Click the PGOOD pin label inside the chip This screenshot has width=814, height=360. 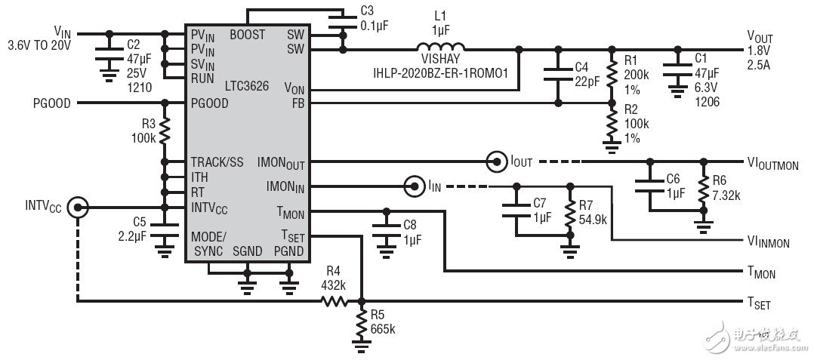pos(210,103)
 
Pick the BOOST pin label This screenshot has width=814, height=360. pos(248,34)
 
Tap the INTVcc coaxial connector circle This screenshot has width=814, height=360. pos(76,206)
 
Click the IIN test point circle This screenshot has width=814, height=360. pos(414,185)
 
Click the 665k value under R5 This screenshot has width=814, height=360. pos(383,330)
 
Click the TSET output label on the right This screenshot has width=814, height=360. pos(758,303)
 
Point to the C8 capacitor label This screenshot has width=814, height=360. pos(410,224)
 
